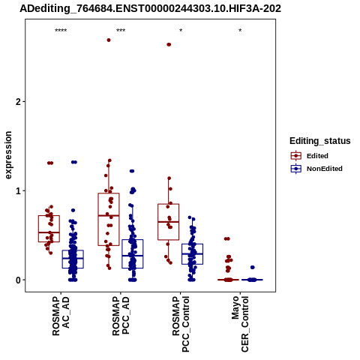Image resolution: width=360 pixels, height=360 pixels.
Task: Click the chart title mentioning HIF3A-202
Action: (151, 9)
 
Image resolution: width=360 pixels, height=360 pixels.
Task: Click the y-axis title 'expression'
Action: (8, 155)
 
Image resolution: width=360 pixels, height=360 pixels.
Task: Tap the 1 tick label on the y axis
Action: (18, 191)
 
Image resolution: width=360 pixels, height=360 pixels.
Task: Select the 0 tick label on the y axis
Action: (18, 280)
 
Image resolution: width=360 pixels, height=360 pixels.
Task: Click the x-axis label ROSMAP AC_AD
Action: (61, 316)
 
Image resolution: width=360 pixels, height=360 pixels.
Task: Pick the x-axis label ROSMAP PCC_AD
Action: (121, 316)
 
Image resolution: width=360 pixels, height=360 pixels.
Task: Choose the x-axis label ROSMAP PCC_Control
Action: (181, 324)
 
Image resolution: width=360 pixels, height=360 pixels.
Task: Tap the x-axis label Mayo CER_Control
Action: (240, 324)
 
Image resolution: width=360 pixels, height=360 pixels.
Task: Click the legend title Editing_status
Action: (320, 141)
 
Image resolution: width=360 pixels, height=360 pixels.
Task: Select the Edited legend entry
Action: (310, 156)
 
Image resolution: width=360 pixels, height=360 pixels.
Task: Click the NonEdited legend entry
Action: (316, 169)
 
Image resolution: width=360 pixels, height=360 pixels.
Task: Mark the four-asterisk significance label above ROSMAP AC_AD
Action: (61, 31)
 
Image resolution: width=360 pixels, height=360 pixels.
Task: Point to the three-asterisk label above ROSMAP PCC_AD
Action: (121, 31)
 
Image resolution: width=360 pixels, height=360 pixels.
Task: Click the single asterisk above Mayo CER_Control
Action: (240, 31)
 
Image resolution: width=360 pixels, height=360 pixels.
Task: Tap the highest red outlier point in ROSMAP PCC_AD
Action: (109, 40)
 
